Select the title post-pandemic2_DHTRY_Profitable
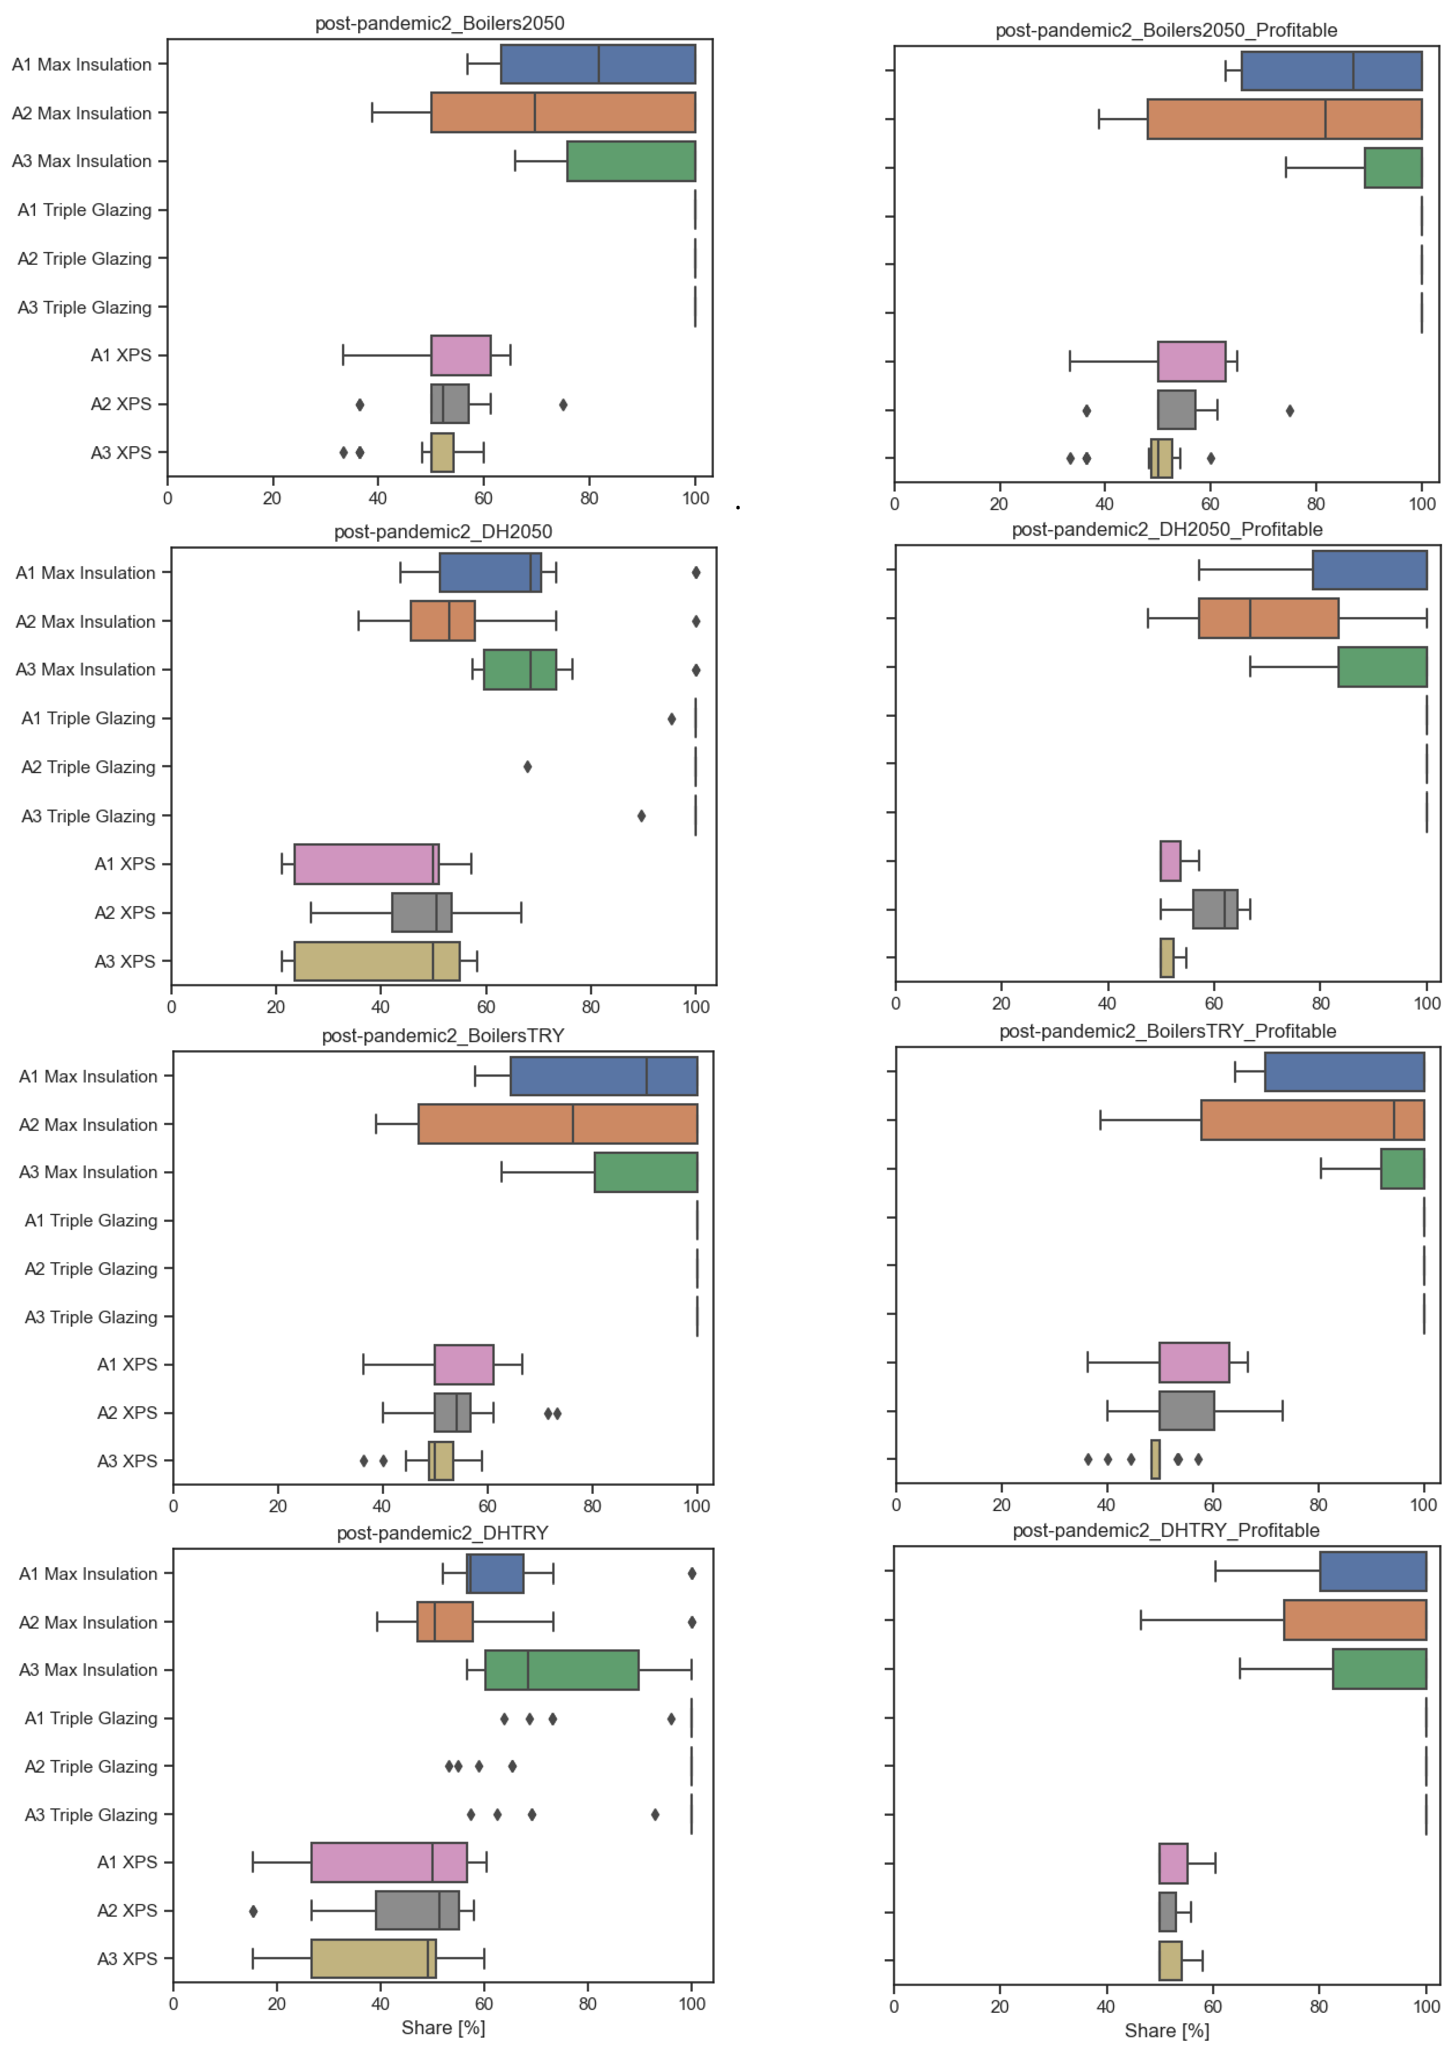(x=1165, y=1531)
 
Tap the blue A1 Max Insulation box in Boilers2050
(x=598, y=64)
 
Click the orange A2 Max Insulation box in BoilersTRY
(x=557, y=1124)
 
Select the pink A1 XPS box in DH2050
(x=366, y=864)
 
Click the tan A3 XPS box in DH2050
(x=376, y=961)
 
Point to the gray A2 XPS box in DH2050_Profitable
(x=1214, y=910)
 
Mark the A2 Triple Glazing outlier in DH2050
(x=527, y=766)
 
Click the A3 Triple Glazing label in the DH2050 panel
(x=88, y=816)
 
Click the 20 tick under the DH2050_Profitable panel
(x=1001, y=1003)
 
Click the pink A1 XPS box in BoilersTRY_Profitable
(x=1194, y=1363)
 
